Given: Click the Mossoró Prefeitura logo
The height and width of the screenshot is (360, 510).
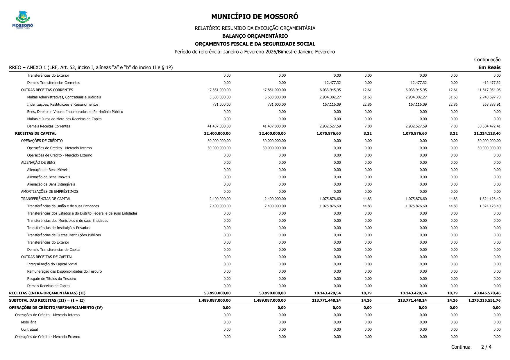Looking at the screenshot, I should (x=23, y=20).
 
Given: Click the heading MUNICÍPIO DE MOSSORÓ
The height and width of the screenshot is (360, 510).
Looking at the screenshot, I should (x=255, y=17).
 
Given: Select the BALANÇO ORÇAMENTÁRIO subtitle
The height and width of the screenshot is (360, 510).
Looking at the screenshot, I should (x=255, y=36).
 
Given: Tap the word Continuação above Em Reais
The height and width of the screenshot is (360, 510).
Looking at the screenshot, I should (x=487, y=60).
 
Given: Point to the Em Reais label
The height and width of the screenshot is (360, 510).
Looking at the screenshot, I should (x=489, y=67).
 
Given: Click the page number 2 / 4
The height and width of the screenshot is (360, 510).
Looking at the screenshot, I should (x=486, y=347).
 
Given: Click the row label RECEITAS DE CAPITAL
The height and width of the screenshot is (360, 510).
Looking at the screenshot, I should (x=36, y=134).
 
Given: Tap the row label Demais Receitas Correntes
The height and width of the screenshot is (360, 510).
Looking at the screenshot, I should (x=49, y=126).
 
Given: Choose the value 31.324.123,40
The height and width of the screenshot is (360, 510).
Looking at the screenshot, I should (x=487, y=134).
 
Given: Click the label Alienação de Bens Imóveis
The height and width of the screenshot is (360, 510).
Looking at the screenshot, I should (x=49, y=177).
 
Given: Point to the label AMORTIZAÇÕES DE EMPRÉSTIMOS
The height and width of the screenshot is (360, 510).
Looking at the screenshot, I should (x=49, y=192).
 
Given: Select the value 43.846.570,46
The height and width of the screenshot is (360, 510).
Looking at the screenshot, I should (x=487, y=293).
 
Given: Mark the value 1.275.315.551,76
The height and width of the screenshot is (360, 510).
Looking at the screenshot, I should (x=484, y=300).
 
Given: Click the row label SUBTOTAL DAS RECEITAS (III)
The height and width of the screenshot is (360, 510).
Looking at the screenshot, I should (x=47, y=300).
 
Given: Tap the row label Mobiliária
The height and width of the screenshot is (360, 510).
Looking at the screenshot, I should (x=28, y=322).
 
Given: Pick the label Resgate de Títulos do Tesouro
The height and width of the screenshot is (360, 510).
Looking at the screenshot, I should (x=51, y=279).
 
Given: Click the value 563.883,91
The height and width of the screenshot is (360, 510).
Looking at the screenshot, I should (x=491, y=105).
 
